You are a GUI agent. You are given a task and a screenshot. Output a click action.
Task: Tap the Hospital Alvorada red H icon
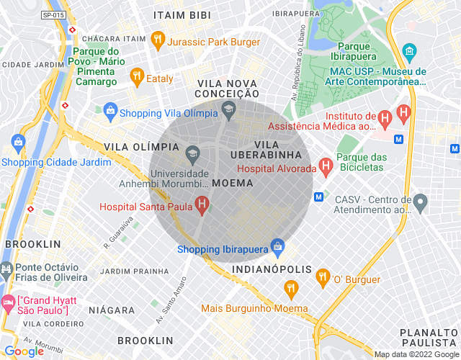(326, 168)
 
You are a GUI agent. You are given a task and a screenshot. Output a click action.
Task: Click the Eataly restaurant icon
(136, 76)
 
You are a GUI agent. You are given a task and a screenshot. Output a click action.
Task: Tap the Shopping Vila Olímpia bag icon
(110, 112)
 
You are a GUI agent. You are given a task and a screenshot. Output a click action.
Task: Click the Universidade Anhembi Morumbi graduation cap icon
(192, 153)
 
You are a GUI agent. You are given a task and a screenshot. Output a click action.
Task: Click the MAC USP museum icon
(410, 52)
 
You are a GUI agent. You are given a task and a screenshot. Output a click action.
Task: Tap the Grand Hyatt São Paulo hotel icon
(8, 300)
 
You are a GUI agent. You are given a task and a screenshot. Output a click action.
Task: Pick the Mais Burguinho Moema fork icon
(291, 289)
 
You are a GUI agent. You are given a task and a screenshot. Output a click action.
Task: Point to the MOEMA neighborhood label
(233, 183)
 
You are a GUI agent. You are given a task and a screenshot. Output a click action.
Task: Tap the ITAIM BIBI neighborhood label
(182, 14)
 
